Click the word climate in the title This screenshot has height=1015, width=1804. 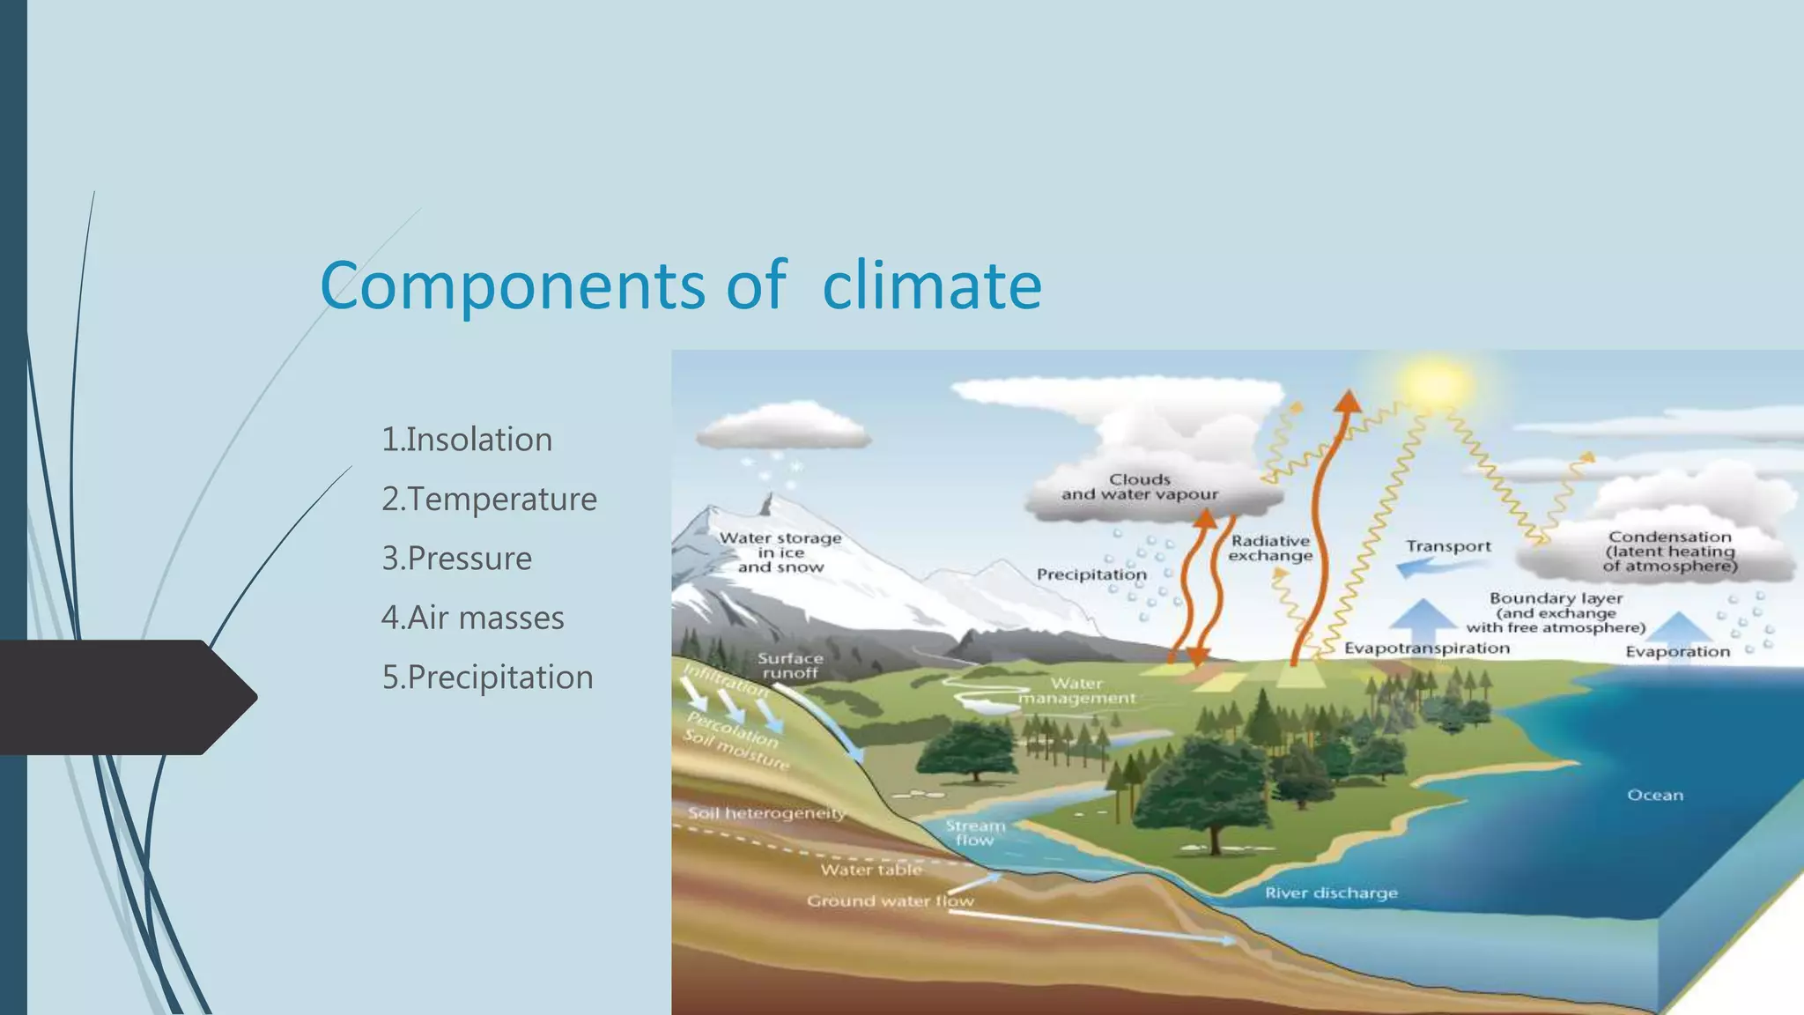[931, 285]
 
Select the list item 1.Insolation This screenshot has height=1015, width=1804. [467, 440]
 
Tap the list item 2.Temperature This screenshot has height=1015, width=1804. [489, 500]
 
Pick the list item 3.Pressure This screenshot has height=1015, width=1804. [456, 559]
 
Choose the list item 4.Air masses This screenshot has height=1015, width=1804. [472, 618]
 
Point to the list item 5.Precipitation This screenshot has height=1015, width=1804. [487, 678]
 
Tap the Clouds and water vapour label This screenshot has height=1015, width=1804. [1140, 487]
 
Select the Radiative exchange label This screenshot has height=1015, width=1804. [1270, 548]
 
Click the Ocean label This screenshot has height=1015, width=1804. [1654, 796]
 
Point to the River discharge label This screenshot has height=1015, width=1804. [1331, 893]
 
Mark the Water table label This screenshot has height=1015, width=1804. [871, 871]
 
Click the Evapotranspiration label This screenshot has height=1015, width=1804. [1426, 648]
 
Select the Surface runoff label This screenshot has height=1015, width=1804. [790, 666]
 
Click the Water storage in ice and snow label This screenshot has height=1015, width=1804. [780, 552]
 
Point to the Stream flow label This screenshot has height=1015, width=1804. [975, 833]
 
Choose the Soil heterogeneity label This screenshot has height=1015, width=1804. [766, 813]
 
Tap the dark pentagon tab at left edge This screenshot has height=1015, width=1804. [123, 697]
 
